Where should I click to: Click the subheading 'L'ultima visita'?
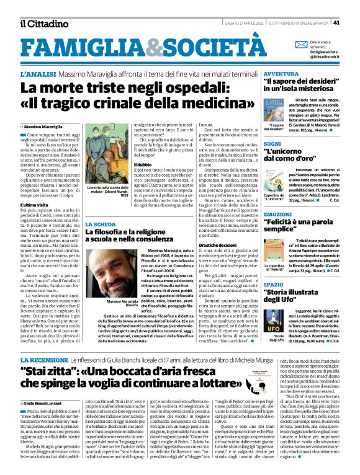(35, 205)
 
